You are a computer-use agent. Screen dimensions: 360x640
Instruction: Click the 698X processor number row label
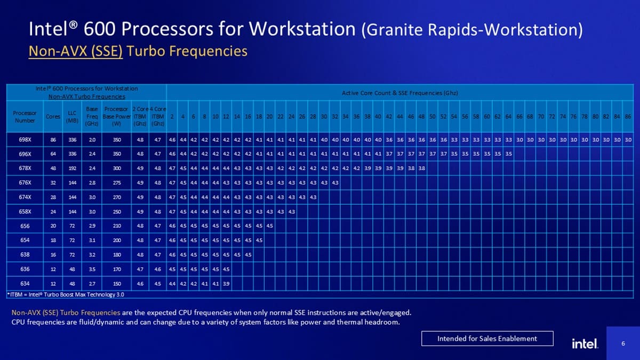pos(25,140)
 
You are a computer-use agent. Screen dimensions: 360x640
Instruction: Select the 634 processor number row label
pos(25,283)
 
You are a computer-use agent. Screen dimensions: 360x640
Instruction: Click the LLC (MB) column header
pos(73,116)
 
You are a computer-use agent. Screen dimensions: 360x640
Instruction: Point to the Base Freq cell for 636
pos(92,268)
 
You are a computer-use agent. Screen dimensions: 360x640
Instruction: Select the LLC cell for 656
pos(73,226)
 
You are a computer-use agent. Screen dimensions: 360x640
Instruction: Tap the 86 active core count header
pos(628,116)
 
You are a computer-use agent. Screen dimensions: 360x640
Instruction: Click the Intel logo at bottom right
pos(585,343)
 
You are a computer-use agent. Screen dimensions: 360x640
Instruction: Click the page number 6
pos(623,343)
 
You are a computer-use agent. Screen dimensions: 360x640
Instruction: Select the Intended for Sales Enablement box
pos(487,339)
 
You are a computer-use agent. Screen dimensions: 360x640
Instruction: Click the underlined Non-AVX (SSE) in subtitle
pos(75,51)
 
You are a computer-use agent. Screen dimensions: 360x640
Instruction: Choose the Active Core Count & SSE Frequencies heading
pos(399,93)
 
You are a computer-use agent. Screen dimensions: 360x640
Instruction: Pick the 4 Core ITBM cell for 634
pos(157,283)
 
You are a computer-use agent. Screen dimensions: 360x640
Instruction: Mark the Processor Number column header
pos(25,116)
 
